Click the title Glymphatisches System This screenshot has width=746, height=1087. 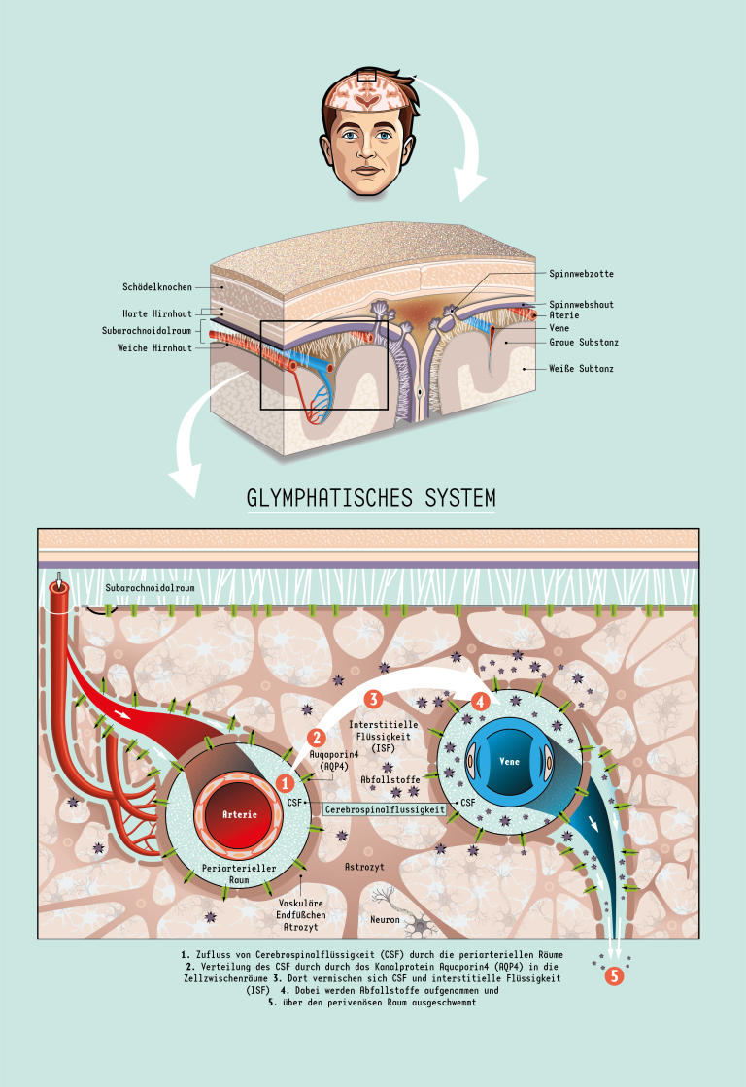click(x=372, y=498)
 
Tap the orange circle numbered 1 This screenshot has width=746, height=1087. click(x=286, y=781)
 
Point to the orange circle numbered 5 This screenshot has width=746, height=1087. click(x=613, y=977)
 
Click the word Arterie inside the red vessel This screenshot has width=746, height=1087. click(x=239, y=814)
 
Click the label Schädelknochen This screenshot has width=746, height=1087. click(x=157, y=287)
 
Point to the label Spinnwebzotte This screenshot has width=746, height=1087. click(x=581, y=274)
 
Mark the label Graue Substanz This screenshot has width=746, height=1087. click(x=584, y=343)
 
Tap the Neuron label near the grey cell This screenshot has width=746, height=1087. click(x=385, y=919)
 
